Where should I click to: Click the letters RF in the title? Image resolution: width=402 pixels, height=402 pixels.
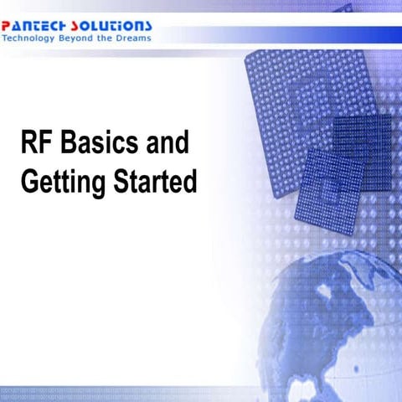coord(36,143)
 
